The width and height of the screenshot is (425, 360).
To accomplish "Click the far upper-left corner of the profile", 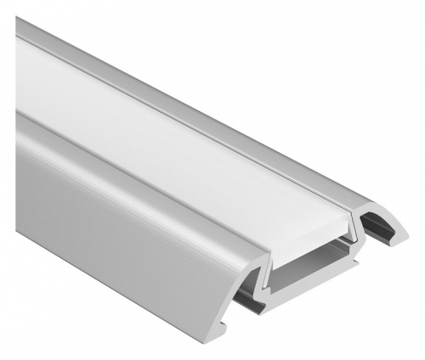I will click(x=19, y=20).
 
